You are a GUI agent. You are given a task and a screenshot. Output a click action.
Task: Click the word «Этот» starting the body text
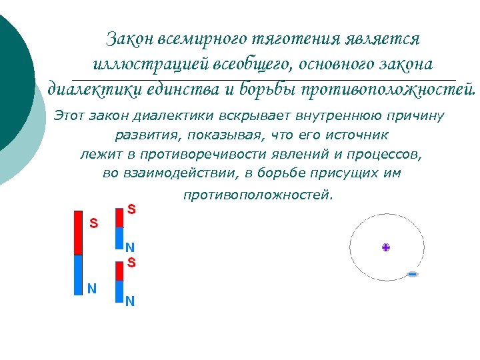71,115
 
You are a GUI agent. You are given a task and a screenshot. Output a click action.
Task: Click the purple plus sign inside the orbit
385,247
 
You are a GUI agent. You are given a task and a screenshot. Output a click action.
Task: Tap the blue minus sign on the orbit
413,273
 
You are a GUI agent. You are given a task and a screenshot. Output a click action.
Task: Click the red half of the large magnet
78,233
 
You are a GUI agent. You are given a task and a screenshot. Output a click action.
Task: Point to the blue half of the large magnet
78,274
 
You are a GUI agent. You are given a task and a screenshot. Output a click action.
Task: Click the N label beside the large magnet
92,289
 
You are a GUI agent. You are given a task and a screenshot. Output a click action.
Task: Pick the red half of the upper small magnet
119,216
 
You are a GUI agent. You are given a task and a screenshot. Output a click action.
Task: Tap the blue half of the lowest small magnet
119,291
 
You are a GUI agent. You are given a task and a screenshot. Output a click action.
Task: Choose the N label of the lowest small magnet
130,301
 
